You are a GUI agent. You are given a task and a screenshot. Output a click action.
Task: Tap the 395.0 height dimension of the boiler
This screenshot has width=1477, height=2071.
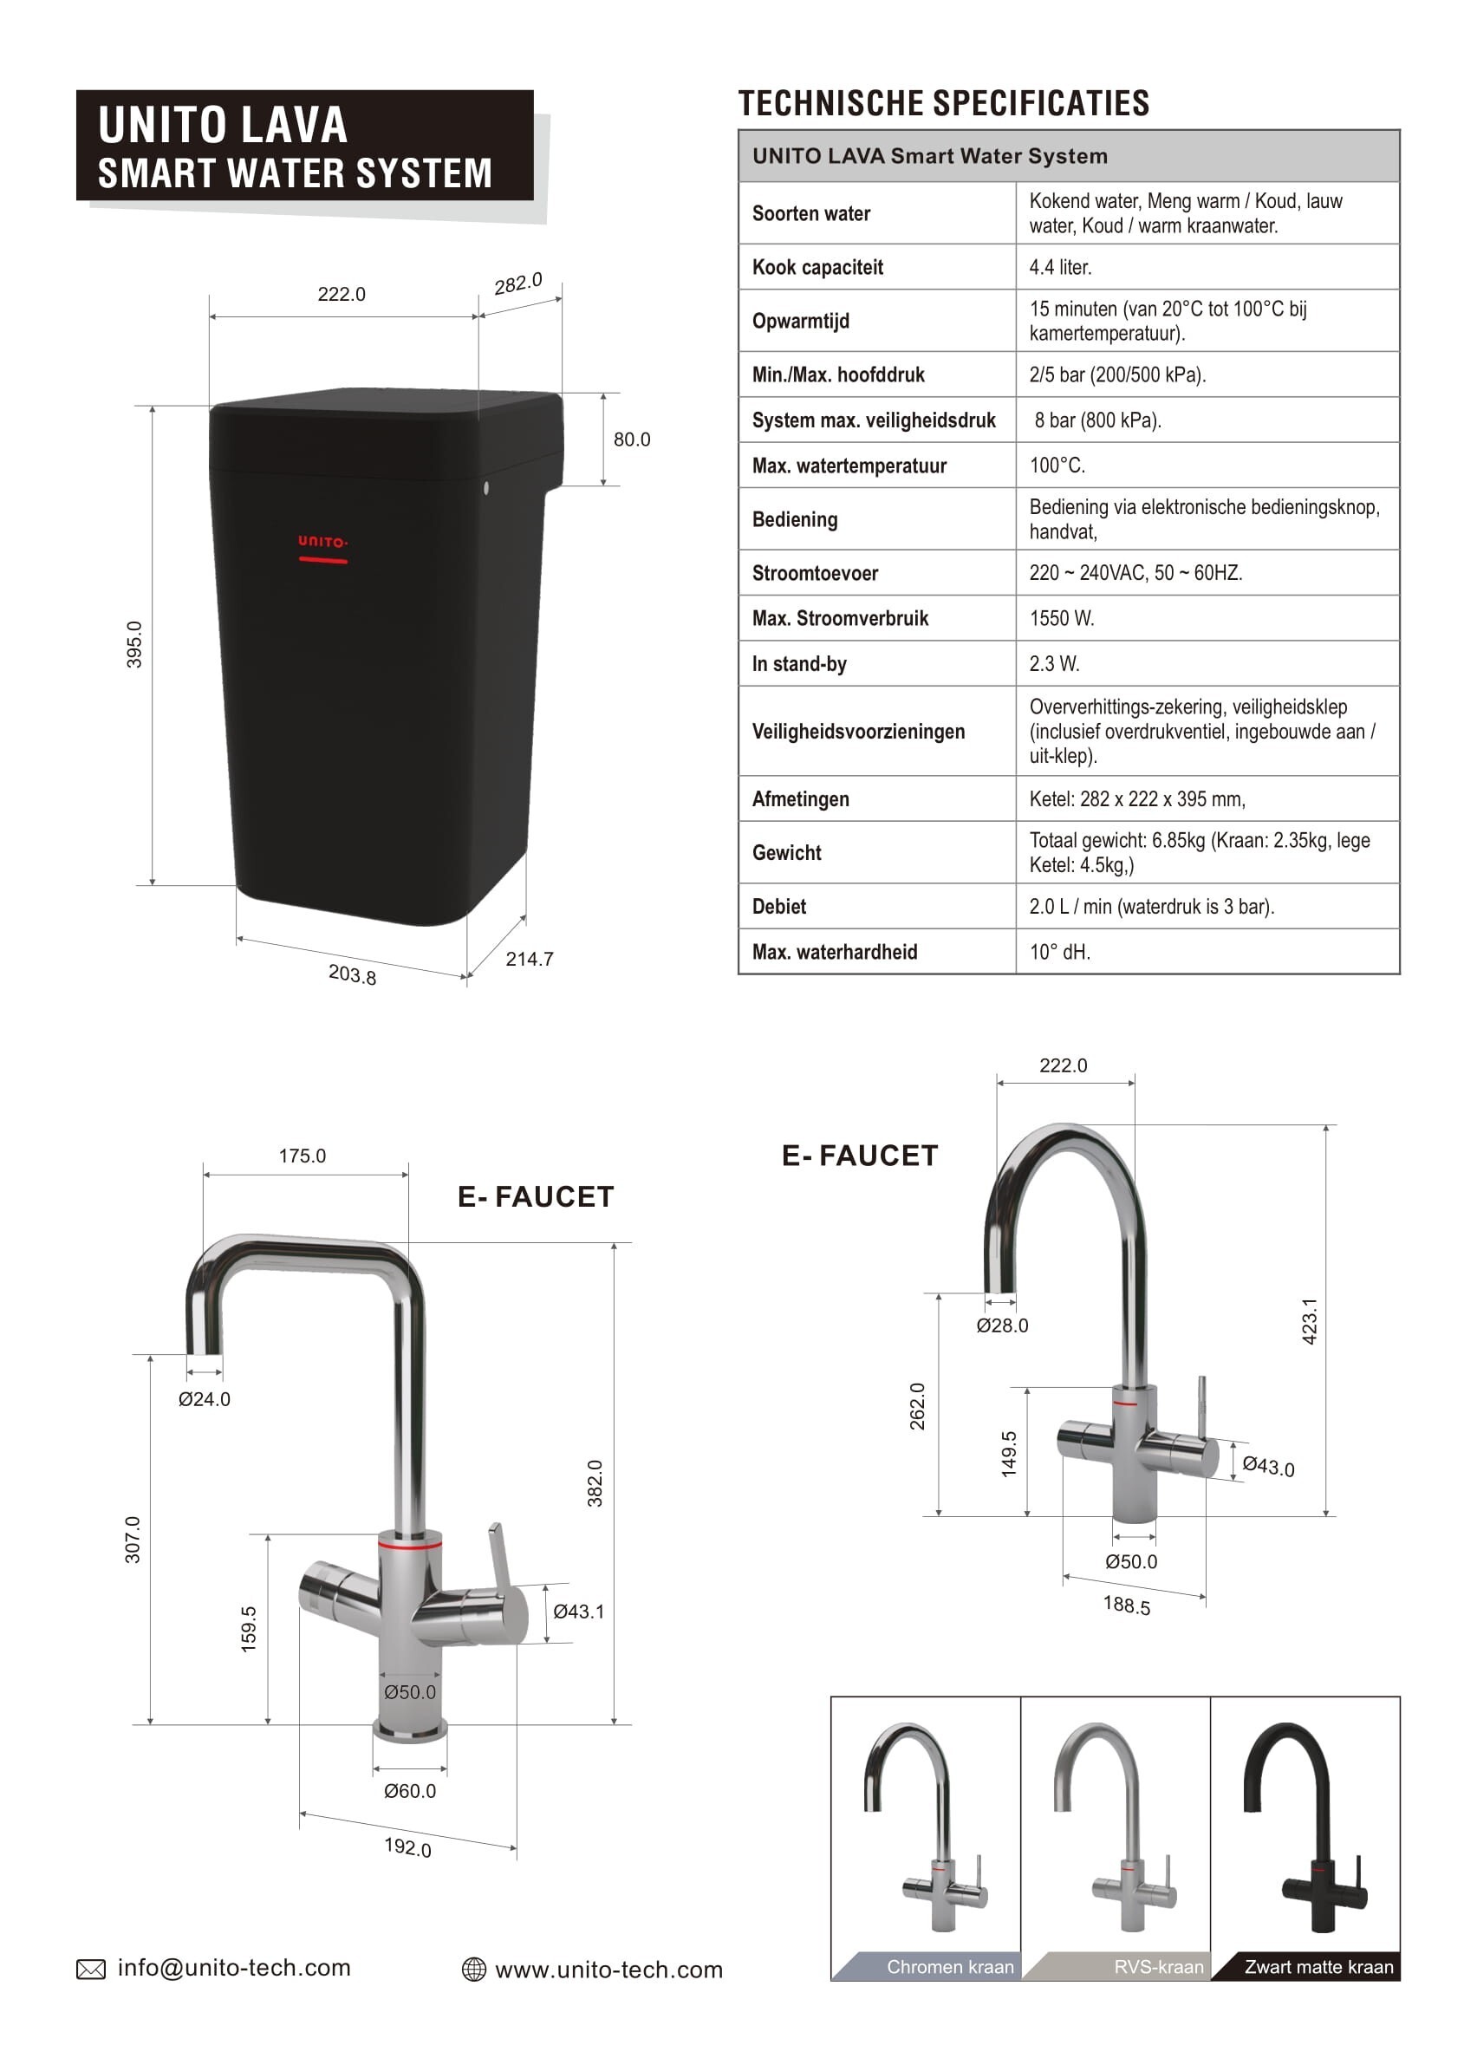tap(134, 644)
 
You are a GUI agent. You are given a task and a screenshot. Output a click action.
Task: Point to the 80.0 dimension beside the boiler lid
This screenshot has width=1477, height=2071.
tap(631, 440)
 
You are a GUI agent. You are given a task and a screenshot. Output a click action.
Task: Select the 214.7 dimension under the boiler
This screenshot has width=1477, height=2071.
tap(530, 959)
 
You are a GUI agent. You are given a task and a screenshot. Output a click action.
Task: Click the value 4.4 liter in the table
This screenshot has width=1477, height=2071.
tap(1059, 267)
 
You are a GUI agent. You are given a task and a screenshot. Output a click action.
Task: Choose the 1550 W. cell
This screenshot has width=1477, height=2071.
tap(1061, 618)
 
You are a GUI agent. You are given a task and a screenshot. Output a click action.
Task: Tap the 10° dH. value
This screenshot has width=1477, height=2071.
tap(1059, 952)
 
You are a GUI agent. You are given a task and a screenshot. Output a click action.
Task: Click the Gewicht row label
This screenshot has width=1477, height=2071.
tap(787, 853)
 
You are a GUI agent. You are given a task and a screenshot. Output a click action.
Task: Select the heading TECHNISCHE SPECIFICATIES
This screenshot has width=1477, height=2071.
tap(943, 104)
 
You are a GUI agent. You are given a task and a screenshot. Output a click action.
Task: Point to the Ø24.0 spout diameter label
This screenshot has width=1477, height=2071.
tap(205, 1399)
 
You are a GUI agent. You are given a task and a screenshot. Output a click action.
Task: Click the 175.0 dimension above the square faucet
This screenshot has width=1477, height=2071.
tap(302, 1156)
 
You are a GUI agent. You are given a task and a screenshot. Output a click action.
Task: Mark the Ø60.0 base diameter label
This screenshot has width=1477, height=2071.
tap(409, 1791)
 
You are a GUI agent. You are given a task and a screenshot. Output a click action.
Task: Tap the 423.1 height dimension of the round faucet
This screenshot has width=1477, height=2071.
tap(1309, 1321)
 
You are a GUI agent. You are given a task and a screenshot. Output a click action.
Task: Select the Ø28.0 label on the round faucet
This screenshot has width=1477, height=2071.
tap(1002, 1325)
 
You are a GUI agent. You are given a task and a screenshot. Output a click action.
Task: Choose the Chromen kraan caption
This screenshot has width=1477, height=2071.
tap(949, 1966)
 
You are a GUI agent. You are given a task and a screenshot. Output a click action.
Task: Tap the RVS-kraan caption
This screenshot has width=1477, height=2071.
tap(1158, 1966)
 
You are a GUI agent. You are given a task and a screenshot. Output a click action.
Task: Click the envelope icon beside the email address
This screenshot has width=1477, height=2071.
tap(91, 1969)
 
